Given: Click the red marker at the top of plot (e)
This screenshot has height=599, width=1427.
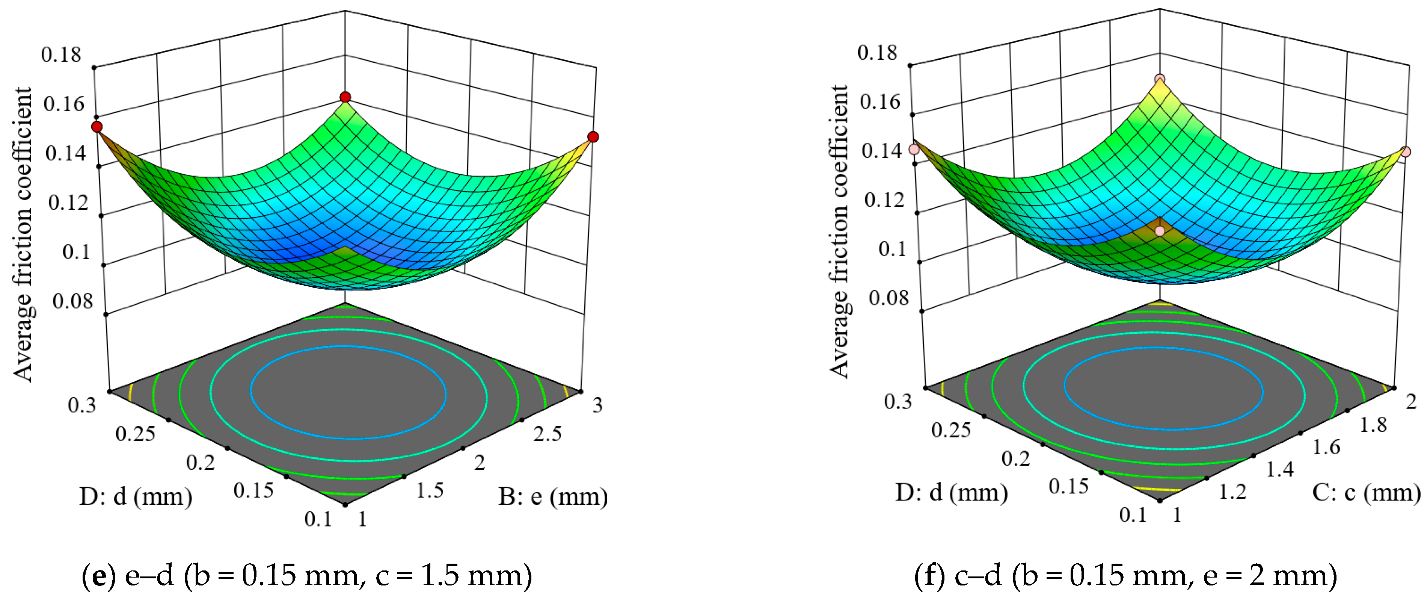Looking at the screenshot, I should pos(345,98).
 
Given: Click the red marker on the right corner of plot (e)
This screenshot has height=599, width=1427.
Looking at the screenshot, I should pos(593,137).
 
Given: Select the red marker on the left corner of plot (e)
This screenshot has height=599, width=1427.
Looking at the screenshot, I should pos(97,127).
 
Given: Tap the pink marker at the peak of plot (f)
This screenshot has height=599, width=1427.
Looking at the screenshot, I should pos(1160,79).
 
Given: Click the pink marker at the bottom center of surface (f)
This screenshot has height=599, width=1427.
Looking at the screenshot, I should pos(1160,230).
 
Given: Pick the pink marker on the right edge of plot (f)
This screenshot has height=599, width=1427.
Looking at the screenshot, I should pos(1406,151).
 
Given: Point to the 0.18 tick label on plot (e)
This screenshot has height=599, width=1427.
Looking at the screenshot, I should pos(61,55).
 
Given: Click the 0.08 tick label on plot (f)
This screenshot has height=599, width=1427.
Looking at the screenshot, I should pos(888,298).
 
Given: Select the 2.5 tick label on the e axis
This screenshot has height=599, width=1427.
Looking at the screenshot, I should pos(547,434).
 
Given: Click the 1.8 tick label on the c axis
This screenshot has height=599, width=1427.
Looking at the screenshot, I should pos(1373,425).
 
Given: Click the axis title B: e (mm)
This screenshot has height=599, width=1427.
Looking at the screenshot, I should pos(552,496).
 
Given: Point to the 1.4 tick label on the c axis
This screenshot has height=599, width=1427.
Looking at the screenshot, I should pos(1280,470).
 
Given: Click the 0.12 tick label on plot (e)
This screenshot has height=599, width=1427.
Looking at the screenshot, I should pos(68,203).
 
